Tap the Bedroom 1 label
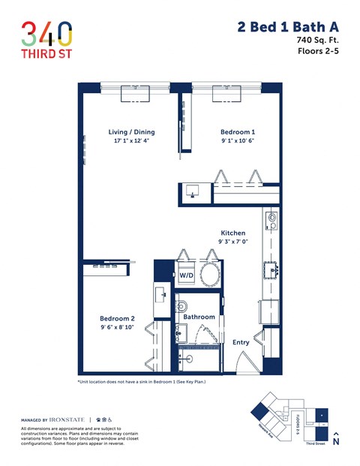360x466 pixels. (x=238, y=132)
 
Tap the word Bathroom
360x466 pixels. (x=199, y=317)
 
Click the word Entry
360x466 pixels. (x=241, y=341)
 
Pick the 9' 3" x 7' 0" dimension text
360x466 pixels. (x=232, y=242)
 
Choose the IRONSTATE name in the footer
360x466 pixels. (x=67, y=419)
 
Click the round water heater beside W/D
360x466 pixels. (x=209, y=275)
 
